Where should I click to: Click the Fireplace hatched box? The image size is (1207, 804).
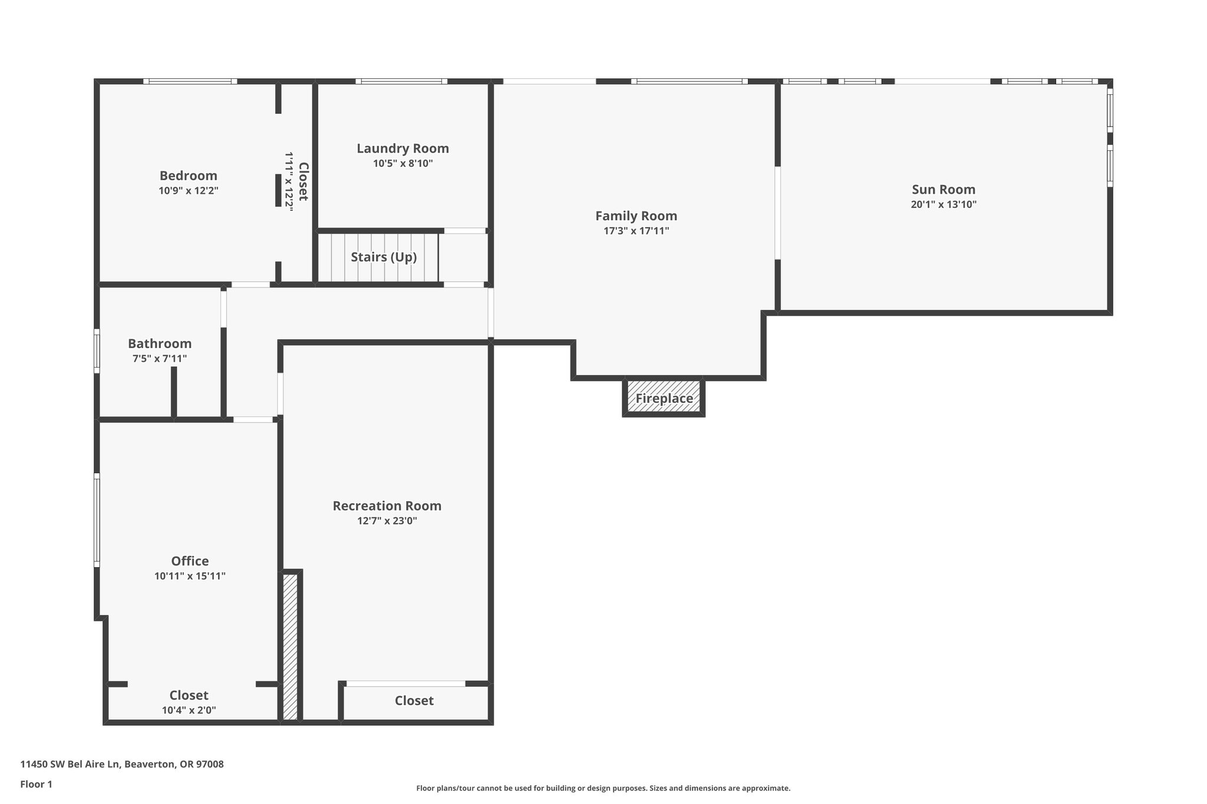[x=664, y=398]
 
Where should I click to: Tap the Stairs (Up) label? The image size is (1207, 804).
[x=384, y=257]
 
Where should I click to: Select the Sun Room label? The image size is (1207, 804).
[x=944, y=190]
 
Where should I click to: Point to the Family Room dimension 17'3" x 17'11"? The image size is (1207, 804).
[x=636, y=231]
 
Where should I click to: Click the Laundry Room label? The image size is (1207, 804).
[x=403, y=148]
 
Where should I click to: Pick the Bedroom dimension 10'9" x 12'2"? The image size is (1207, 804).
[x=189, y=191]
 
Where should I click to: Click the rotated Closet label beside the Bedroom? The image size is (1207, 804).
[x=303, y=181]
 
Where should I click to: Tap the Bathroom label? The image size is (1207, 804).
[x=160, y=343]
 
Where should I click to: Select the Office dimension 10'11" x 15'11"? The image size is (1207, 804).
[x=190, y=576]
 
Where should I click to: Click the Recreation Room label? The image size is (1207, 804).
[x=387, y=506]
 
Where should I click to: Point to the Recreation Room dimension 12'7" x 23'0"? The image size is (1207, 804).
[x=387, y=521]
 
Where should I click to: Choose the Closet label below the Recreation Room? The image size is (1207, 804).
[x=414, y=700]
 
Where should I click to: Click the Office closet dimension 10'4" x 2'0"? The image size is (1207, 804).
[x=189, y=710]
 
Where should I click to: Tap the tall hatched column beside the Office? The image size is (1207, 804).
[x=290, y=646]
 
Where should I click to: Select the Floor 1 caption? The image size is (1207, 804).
[x=37, y=784]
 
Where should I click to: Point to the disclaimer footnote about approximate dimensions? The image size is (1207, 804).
[x=603, y=788]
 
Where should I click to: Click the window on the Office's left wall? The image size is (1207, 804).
[x=97, y=520]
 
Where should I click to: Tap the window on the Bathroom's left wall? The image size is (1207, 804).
[x=97, y=350]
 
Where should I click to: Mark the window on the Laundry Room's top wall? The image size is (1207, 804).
[x=401, y=81]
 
